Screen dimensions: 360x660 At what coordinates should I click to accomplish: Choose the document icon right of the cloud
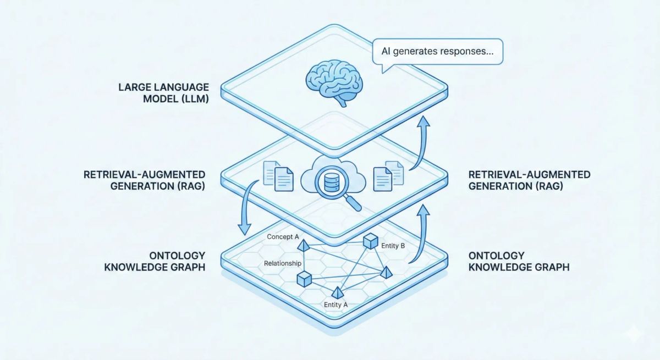pyautogui.click(x=388, y=175)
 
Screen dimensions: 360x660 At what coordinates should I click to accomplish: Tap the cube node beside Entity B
pyautogui.click(x=370, y=241)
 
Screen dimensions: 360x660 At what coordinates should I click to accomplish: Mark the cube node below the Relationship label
pyautogui.click(x=304, y=279)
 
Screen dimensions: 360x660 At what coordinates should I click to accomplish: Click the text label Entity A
pyautogui.click(x=337, y=304)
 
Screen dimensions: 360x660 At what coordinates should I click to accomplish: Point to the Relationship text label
pyautogui.click(x=282, y=263)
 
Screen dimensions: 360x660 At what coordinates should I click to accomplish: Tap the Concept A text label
pyautogui.click(x=283, y=236)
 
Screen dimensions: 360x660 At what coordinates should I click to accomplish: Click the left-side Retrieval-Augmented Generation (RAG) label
pyautogui.click(x=144, y=180)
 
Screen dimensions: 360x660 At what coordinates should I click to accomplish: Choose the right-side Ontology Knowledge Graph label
pyautogui.click(x=519, y=262)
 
